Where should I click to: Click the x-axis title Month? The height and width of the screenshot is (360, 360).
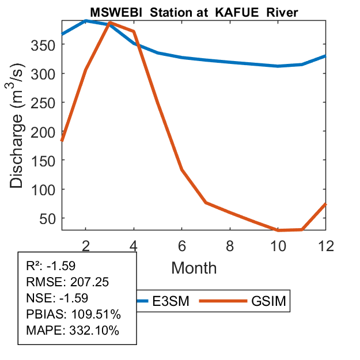pos(194,268)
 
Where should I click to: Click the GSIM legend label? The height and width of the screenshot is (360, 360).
pos(268,301)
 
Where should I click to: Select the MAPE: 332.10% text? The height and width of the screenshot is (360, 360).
pos(73,331)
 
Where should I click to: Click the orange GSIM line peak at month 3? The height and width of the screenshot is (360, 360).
pos(109,23)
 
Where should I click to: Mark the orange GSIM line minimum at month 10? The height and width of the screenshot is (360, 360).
pos(278,230)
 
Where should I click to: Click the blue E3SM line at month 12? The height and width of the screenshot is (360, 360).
pos(325,56)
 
